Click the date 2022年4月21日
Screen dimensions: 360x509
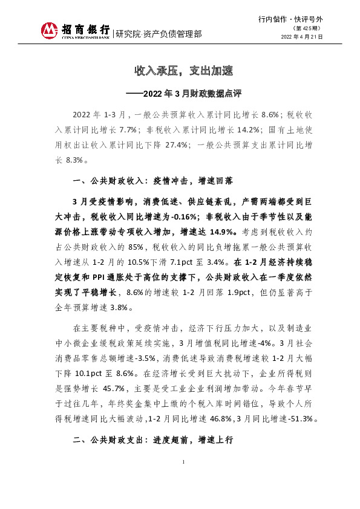pyautogui.click(x=302, y=37)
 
